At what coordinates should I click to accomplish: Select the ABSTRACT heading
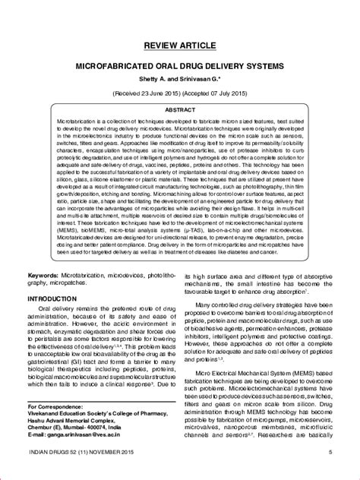[180, 110]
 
